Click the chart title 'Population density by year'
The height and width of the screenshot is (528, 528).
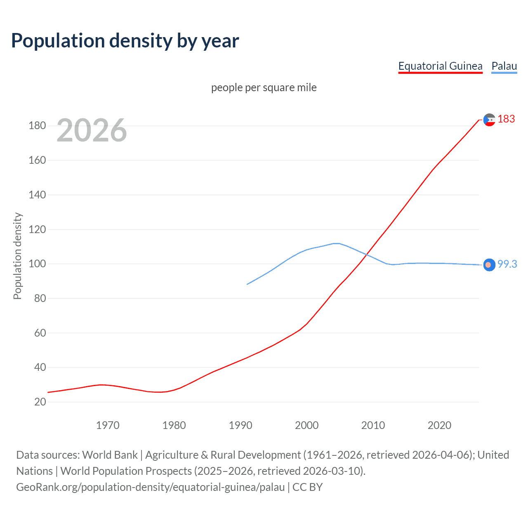pyautogui.click(x=125, y=41)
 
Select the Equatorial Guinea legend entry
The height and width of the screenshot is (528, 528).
pyautogui.click(x=440, y=66)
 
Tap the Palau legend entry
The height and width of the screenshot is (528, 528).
pyautogui.click(x=504, y=66)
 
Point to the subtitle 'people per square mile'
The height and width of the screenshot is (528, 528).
pyautogui.click(x=264, y=87)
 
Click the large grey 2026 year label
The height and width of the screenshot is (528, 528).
pyautogui.click(x=92, y=130)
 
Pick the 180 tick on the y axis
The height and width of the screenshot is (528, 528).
pyautogui.click(x=37, y=125)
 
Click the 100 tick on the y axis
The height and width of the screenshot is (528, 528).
pyautogui.click(x=37, y=264)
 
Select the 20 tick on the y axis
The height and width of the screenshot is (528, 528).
pyautogui.click(x=40, y=402)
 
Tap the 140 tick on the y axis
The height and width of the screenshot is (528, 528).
pyautogui.click(x=37, y=195)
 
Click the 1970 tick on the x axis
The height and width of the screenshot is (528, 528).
pyautogui.click(x=108, y=425)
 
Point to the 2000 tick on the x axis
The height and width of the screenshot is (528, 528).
pyautogui.click(x=306, y=425)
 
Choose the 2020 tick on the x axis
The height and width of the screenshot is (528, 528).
pyautogui.click(x=439, y=425)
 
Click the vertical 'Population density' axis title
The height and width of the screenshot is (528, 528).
pyautogui.click(x=17, y=256)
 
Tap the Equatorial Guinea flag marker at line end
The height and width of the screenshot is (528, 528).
pyautogui.click(x=489, y=120)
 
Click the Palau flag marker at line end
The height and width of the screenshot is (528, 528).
pyautogui.click(x=489, y=265)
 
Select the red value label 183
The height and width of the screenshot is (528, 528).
pyautogui.click(x=506, y=119)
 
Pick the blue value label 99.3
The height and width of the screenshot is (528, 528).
pyautogui.click(x=507, y=264)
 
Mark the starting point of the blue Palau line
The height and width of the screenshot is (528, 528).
pyautogui.click(x=247, y=284)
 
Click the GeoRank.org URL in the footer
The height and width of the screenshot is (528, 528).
pyautogui.click(x=151, y=487)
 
